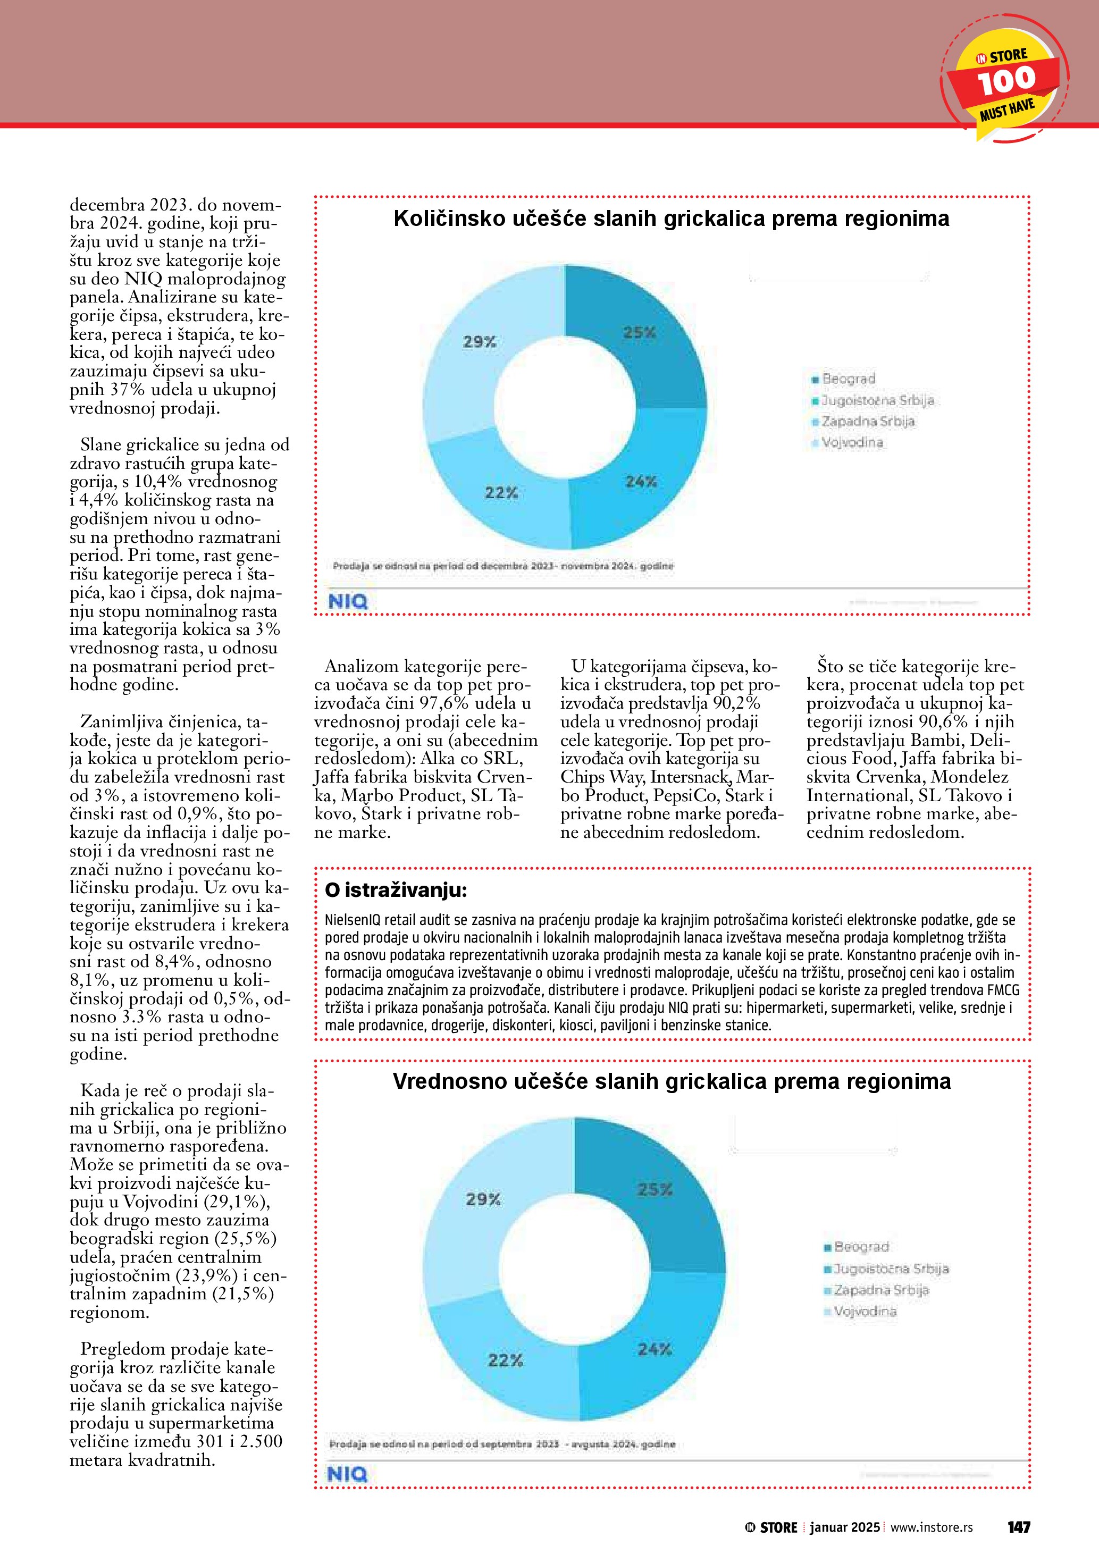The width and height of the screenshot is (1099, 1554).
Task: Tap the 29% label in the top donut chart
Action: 479,342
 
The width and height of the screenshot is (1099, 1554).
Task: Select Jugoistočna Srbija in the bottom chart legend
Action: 891,1269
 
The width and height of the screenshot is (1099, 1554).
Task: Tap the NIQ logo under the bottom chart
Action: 347,1474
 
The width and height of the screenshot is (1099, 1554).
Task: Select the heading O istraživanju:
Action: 396,890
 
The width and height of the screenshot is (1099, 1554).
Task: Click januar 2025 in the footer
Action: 844,1527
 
